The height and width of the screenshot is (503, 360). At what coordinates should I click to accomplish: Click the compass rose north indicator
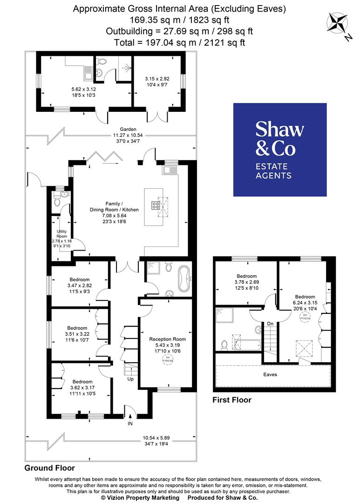[x=339, y=25]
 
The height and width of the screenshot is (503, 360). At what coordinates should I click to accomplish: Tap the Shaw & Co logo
[x=279, y=149]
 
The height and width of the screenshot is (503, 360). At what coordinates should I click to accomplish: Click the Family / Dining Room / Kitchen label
[x=108, y=210]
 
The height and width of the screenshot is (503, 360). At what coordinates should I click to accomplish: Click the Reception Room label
[x=167, y=339]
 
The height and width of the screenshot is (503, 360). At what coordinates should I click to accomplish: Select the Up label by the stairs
[x=131, y=379]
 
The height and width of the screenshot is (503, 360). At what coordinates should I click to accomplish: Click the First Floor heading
[x=231, y=400]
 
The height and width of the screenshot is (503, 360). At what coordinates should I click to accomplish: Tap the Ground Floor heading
[x=49, y=468]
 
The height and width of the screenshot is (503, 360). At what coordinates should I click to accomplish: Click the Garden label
[x=128, y=129]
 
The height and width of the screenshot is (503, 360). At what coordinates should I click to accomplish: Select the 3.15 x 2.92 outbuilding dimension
[x=157, y=79]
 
